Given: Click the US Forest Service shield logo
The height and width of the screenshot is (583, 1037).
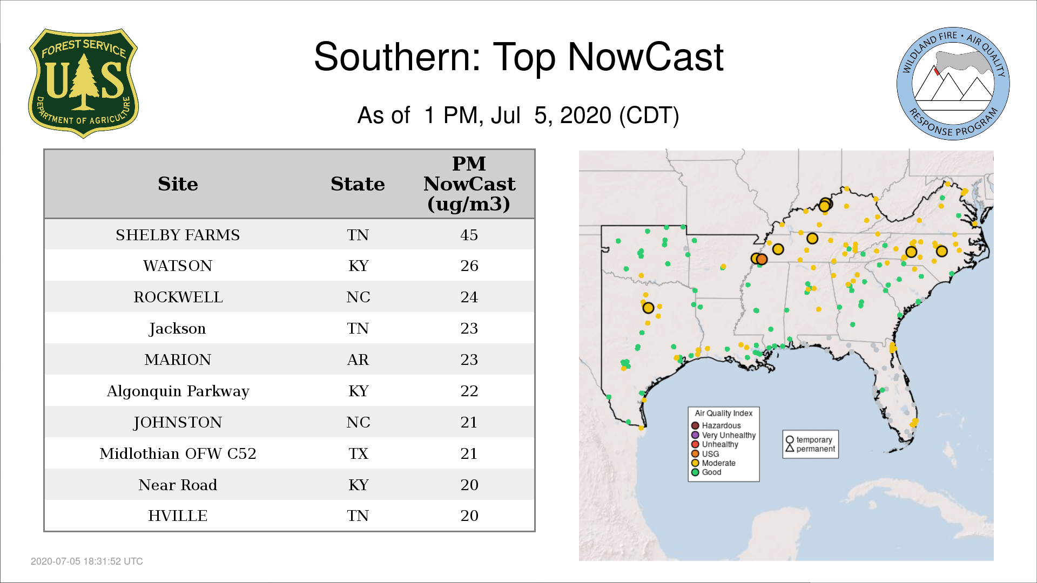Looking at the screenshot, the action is (83, 84).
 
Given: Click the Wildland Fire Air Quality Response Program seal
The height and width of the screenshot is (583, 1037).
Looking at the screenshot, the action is (953, 84).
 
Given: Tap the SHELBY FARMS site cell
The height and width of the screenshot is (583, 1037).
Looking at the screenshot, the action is (178, 235).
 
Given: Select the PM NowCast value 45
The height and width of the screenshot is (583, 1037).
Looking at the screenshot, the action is (469, 235).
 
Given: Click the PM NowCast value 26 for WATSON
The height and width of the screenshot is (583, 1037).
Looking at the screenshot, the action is (469, 266).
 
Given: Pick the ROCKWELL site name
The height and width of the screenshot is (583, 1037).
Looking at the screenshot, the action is (178, 297).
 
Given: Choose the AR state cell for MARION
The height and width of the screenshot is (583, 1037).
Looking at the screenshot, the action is (358, 360).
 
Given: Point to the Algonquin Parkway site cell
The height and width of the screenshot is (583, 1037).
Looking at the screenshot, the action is (178, 391).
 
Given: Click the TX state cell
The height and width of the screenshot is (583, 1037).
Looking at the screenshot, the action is (358, 453).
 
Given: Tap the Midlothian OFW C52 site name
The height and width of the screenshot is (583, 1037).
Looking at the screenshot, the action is (178, 453).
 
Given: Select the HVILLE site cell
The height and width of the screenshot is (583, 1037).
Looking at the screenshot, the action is (178, 516).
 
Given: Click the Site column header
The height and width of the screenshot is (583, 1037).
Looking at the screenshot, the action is (178, 184).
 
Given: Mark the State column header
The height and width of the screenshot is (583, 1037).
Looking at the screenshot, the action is (358, 184).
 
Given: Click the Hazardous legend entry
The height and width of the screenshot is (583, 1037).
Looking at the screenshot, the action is (717, 425).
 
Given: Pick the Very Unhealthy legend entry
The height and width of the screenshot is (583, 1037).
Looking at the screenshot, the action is (724, 435).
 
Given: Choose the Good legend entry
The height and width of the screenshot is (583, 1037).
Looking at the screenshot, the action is (706, 472).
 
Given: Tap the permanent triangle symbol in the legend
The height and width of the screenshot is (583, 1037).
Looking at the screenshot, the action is (790, 448).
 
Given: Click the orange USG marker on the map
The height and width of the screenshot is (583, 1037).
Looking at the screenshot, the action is (762, 259).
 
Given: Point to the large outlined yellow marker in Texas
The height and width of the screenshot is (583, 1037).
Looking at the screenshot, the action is (648, 308).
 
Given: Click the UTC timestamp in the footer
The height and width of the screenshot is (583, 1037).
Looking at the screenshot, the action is (87, 561).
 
